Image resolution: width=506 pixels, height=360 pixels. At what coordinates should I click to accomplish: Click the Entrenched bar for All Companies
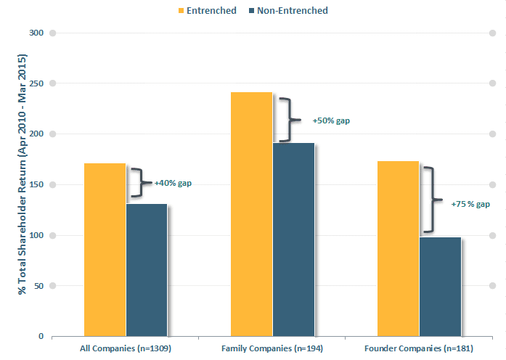coord(105,250)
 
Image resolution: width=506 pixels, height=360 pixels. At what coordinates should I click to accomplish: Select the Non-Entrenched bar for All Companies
coord(146,270)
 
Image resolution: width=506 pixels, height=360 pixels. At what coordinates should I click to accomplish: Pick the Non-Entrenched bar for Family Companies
coord(293,240)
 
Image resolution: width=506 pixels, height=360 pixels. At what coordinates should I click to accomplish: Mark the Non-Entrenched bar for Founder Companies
coord(440,287)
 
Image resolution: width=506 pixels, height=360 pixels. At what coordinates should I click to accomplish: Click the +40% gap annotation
coord(173,183)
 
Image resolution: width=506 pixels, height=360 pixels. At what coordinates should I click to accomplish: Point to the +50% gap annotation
coord(330,120)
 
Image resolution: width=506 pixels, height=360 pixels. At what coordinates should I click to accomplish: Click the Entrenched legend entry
coord(208,10)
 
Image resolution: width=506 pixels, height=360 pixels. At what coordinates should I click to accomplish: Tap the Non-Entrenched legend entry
coord(288,10)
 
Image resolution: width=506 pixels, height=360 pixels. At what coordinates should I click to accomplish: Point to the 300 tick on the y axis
coord(37,33)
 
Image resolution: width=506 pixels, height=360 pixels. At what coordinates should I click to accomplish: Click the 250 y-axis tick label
coord(37,83)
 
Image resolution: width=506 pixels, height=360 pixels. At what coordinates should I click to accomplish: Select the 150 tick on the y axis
coord(37,184)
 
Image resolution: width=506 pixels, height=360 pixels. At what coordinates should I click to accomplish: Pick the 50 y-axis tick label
coord(39,286)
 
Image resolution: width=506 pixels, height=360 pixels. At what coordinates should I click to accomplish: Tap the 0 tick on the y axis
coord(42,337)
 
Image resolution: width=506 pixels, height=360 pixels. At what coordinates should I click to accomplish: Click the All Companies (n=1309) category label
coord(125,349)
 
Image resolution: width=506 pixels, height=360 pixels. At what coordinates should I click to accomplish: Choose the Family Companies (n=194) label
coord(272,349)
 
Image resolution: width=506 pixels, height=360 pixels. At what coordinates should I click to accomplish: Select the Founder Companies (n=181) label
coord(418,349)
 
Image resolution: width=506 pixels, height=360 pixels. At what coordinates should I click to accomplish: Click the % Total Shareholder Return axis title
coord(23,174)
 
